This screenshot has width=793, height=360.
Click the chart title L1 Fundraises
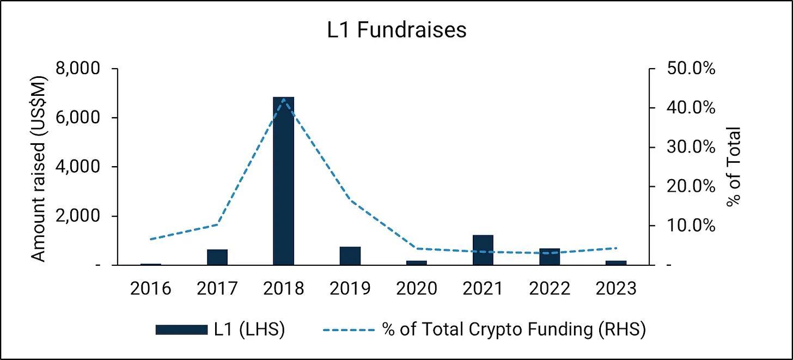396,30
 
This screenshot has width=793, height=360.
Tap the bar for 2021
483,250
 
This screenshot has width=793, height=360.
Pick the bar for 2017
217,257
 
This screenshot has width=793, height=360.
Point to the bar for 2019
350,256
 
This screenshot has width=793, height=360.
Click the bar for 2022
550,257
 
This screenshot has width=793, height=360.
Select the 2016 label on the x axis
150,288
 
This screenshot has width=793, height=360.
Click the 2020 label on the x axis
416,288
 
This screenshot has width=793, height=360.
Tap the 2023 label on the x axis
615,288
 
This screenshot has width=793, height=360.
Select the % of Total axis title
734,167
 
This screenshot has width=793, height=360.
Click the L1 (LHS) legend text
249,330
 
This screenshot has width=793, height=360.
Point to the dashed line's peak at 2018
284,99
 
